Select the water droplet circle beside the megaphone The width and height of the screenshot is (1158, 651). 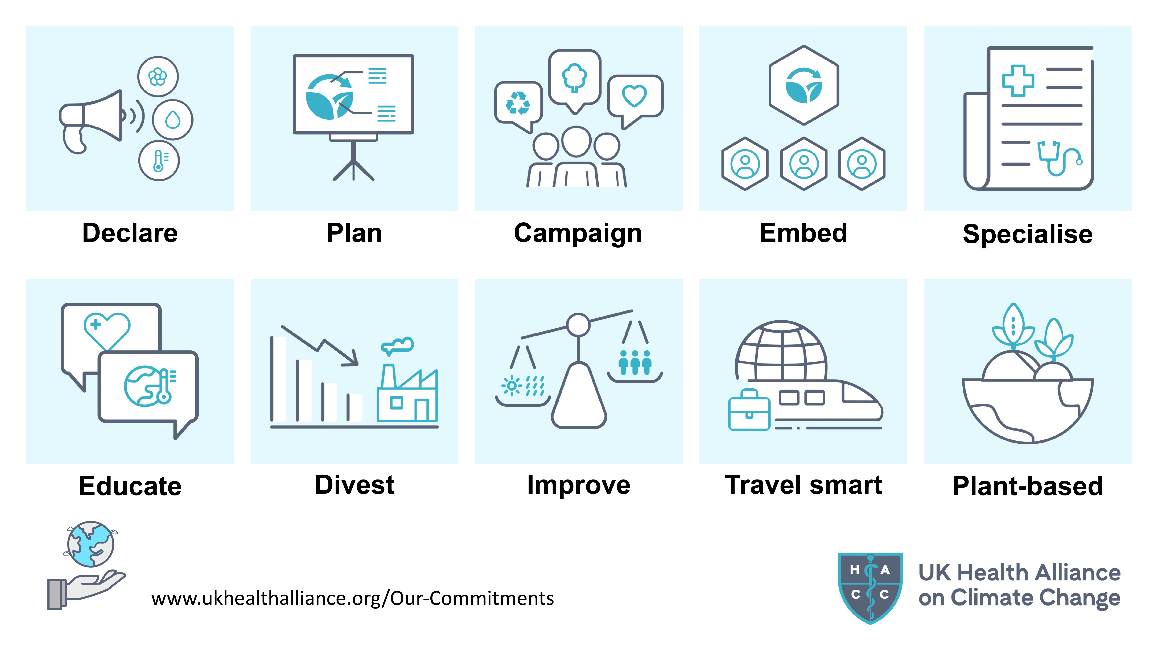[x=173, y=119]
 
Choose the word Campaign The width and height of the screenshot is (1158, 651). [x=578, y=233]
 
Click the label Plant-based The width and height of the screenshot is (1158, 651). [x=1028, y=486]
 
